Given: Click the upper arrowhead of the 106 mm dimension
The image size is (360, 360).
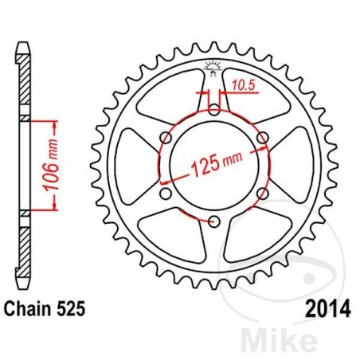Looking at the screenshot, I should (56, 122).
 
